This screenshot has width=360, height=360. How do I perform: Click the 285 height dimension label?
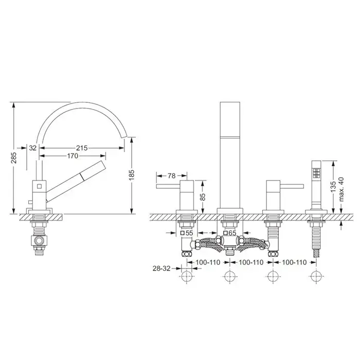click(x=14, y=157)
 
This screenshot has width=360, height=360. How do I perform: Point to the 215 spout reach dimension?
click(x=82, y=148)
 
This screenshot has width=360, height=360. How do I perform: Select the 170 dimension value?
click(x=73, y=156)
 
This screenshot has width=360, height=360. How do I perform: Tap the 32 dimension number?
click(x=33, y=148)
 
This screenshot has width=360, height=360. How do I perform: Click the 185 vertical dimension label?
click(x=132, y=175)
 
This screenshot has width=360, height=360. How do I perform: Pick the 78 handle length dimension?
click(x=171, y=176)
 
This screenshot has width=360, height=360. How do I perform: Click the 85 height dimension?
click(x=203, y=197)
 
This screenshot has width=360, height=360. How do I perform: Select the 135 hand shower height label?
click(x=333, y=187)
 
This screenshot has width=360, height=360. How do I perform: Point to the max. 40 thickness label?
click(x=341, y=189)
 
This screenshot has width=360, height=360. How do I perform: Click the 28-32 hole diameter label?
click(x=161, y=268)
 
